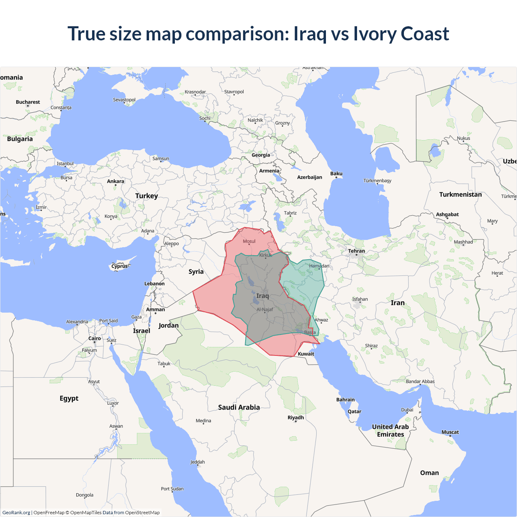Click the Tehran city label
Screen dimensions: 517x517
[356, 251]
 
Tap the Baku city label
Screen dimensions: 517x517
[336, 174]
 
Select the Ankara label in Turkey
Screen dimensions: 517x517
[116, 181]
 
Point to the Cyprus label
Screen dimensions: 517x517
[120, 266]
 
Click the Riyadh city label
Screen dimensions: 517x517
[296, 418]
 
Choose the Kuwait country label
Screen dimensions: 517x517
[306, 354]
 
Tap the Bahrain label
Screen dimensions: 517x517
[345, 399]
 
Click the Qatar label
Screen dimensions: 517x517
[354, 412]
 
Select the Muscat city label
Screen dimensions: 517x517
[450, 432]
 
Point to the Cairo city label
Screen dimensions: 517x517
[95, 338]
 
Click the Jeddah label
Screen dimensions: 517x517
[198, 462]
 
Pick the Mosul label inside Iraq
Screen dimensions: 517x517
[249, 242]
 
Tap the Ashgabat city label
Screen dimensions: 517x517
[447, 214]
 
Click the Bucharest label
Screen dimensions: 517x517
[28, 102]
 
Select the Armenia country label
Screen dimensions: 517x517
[269, 171]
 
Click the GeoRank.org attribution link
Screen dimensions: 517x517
[16, 513]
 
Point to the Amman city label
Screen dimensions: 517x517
[156, 310]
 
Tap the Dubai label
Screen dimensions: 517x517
[407, 410]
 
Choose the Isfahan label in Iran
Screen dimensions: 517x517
[360, 299]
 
